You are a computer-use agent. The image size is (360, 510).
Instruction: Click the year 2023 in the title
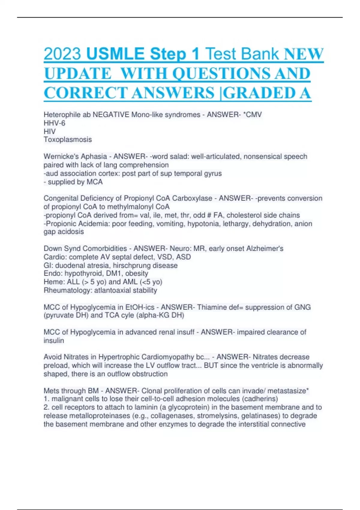(62, 54)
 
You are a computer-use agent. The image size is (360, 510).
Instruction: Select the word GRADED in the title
(258, 93)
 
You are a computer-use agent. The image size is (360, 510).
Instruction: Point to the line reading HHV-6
(54, 123)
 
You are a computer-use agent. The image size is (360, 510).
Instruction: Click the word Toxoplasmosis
(68, 139)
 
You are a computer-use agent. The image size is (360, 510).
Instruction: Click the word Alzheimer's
(265, 248)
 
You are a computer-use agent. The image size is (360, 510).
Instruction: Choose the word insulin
(54, 340)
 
